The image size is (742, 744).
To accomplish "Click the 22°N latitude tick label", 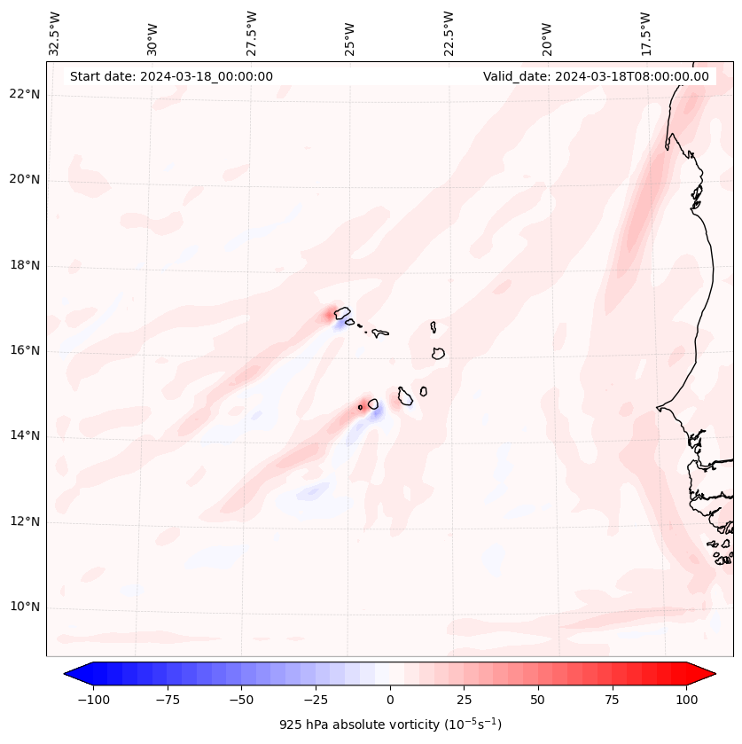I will tap(25, 94).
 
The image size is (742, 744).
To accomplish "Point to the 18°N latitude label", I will tap(25, 265).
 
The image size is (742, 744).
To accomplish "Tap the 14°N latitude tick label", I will tap(25, 435).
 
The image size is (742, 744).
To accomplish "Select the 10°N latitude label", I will tap(25, 607).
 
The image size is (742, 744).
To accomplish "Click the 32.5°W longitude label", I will tap(55, 33).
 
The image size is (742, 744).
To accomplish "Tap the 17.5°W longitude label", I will tap(645, 33).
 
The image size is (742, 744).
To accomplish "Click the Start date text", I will tap(171, 76).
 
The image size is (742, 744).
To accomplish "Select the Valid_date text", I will tap(596, 76).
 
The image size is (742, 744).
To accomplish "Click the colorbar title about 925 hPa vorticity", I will tap(390, 724).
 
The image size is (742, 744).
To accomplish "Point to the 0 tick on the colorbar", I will tap(390, 700).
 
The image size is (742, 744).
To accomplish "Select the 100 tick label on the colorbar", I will tap(685, 700).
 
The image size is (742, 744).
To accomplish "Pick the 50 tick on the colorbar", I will tap(538, 700).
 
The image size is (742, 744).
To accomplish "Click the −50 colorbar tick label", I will tap(242, 700).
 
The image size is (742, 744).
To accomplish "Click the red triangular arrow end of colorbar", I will tap(702, 674).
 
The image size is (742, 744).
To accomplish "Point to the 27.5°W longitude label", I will tap(252, 33).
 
